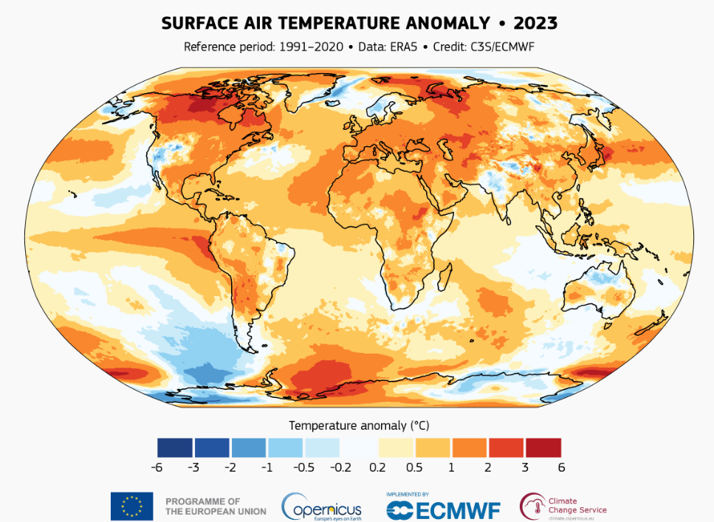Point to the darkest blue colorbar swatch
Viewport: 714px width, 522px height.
point(174,447)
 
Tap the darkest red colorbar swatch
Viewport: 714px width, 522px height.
point(543,447)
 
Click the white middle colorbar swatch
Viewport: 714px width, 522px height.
point(359,447)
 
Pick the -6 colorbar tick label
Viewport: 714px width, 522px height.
point(156,467)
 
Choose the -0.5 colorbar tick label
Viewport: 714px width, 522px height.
point(303,467)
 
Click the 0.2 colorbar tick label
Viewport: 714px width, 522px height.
point(377,467)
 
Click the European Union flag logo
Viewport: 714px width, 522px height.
point(131,506)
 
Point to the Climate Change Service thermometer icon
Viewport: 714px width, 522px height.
point(531,506)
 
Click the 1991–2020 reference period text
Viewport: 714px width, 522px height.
point(311,47)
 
